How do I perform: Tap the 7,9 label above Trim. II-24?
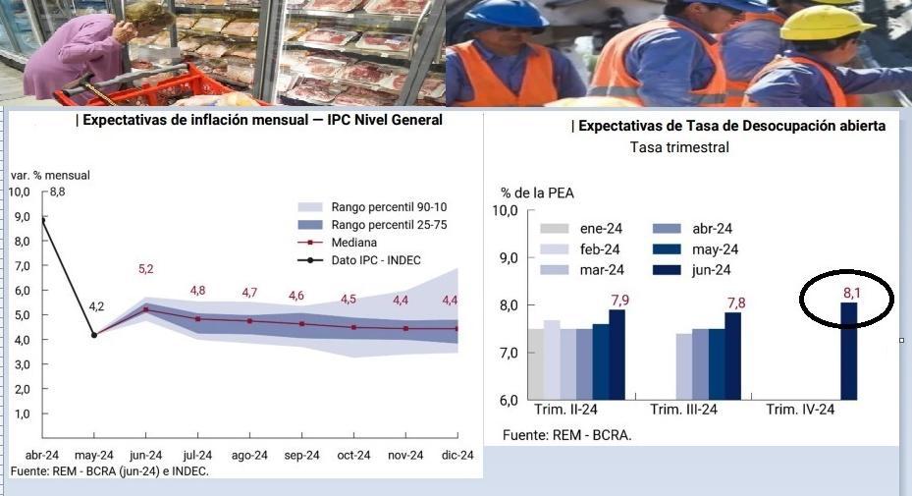617,299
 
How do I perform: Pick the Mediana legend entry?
354,242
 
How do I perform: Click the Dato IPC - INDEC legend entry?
374,259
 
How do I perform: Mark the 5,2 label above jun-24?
145,269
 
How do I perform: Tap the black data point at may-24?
94,335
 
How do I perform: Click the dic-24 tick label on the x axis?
457,455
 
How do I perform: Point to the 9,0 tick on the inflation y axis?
20,216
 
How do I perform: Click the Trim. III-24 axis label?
684,411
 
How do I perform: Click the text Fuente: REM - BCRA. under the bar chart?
566,434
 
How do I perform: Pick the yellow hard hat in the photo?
827,23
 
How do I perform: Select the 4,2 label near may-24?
96,307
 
